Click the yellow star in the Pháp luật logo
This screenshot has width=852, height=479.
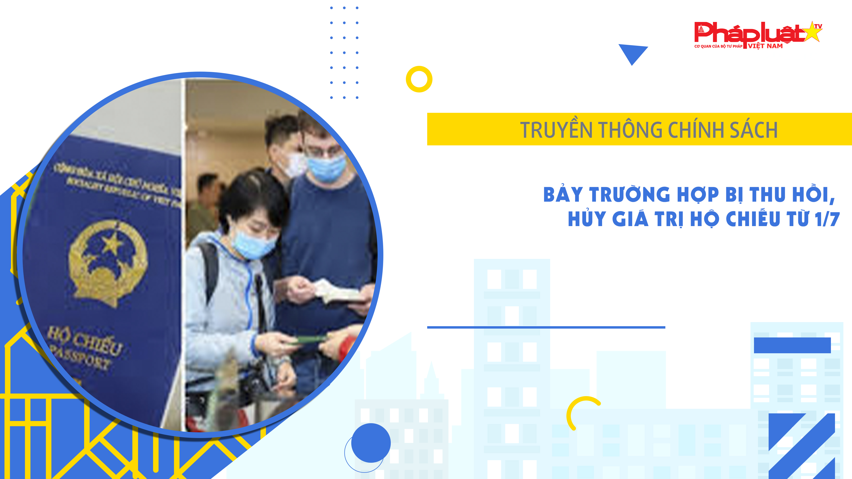tap(812, 32)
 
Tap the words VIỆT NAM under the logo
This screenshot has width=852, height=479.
tap(765, 46)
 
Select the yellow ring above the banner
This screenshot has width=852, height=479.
tap(419, 79)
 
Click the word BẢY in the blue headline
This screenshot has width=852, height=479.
tap(563, 194)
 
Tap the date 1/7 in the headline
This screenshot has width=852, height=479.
tap(827, 219)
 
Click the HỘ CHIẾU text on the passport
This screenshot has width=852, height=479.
tap(85, 341)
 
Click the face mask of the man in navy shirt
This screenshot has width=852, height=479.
tap(326, 169)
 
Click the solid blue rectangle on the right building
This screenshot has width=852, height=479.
tap(792, 345)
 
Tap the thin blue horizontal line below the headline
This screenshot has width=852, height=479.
tap(546, 327)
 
